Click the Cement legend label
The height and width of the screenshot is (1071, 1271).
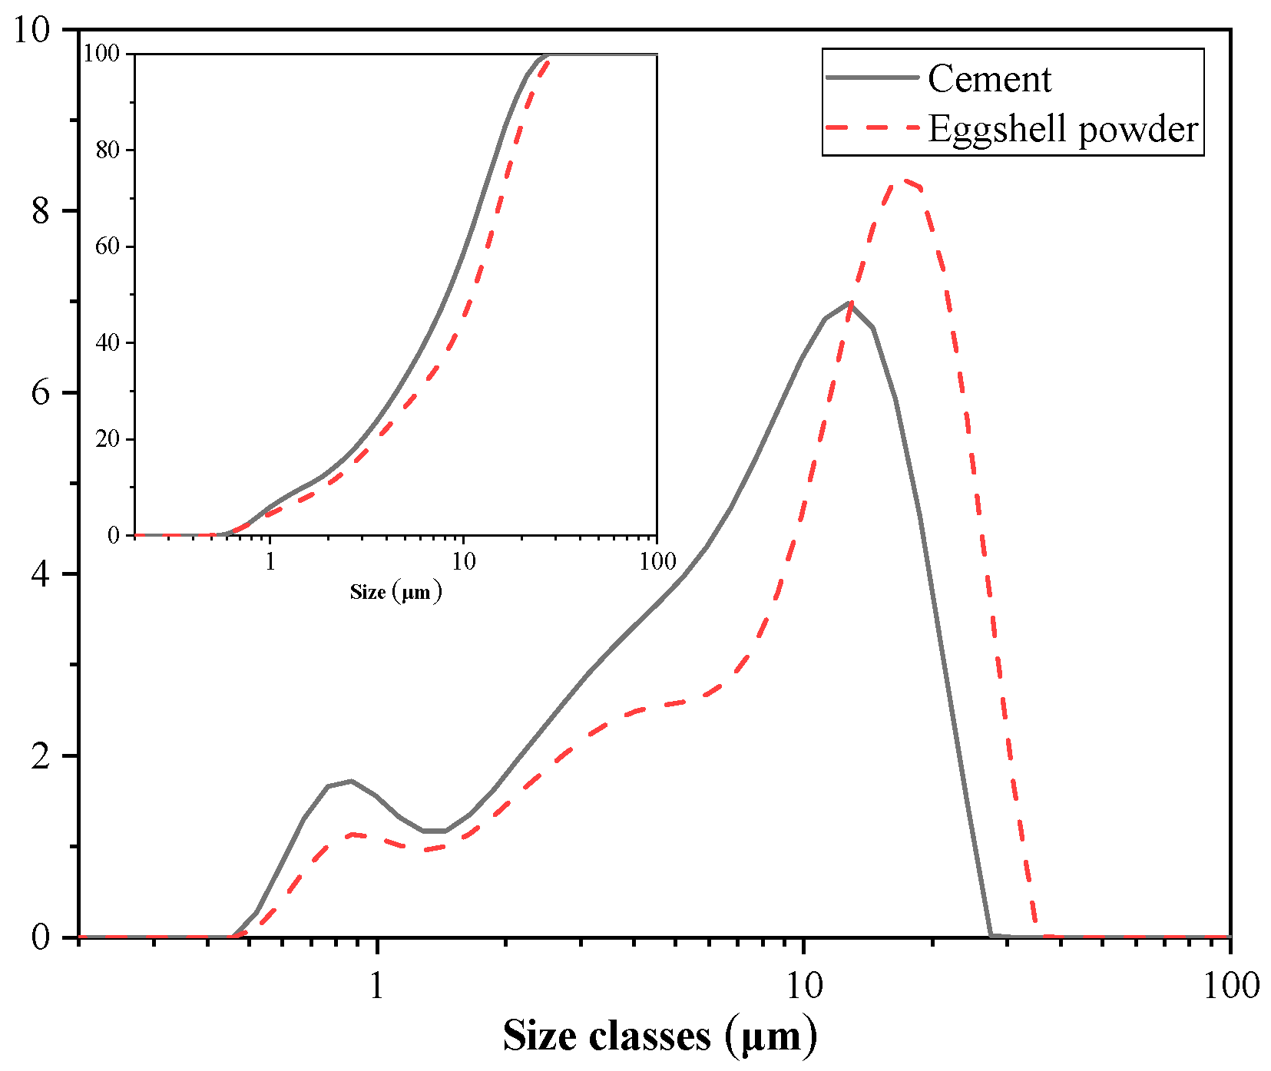pyautogui.click(x=989, y=79)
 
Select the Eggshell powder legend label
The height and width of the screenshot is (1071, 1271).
pyautogui.click(x=1063, y=129)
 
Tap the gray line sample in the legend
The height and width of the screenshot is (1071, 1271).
pyautogui.click(x=872, y=78)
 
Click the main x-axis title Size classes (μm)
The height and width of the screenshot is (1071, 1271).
pyautogui.click(x=660, y=1036)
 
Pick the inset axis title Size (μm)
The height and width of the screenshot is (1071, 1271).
pyautogui.click(x=396, y=592)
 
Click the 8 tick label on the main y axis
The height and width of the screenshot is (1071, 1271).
pyautogui.click(x=41, y=211)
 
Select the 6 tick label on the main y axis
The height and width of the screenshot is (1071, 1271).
pyautogui.click(x=41, y=393)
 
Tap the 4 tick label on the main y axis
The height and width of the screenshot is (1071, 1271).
pyautogui.click(x=41, y=574)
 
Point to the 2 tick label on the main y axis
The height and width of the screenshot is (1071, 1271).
pyautogui.click(x=41, y=756)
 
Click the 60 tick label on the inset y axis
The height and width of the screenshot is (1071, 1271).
pyautogui.click(x=108, y=246)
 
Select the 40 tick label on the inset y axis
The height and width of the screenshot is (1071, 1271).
pyautogui.click(x=108, y=343)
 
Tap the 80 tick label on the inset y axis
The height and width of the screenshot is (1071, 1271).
pyautogui.click(x=108, y=150)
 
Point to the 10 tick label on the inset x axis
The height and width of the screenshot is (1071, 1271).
pyautogui.click(x=463, y=561)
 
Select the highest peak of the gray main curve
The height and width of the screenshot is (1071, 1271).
pyautogui.click(x=849, y=302)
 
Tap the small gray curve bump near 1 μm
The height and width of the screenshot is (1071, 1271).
pyautogui.click(x=351, y=781)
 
